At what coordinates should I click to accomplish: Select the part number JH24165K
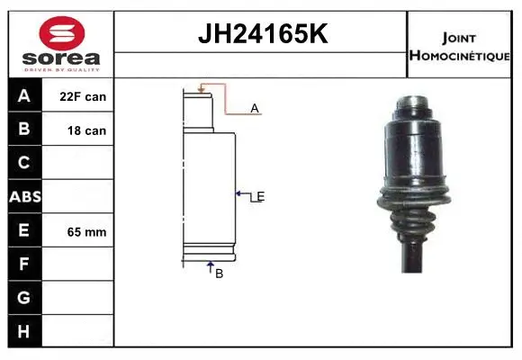click(261, 34)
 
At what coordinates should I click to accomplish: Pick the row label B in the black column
click(25, 129)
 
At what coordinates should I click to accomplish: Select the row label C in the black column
click(25, 162)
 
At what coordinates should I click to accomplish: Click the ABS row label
click(25, 196)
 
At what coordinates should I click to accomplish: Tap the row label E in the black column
click(25, 230)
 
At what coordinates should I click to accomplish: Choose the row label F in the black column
click(25, 265)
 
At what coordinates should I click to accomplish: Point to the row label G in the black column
click(25, 298)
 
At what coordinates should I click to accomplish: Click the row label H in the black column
click(25, 331)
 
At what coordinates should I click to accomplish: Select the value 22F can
click(83, 96)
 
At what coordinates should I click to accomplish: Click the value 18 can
click(86, 130)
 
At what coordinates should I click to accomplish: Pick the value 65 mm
click(86, 232)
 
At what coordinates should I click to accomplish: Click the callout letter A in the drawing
click(255, 108)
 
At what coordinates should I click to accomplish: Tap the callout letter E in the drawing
click(260, 196)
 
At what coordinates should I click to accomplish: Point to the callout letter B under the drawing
click(219, 274)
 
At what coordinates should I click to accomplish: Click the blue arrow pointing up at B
click(211, 265)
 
